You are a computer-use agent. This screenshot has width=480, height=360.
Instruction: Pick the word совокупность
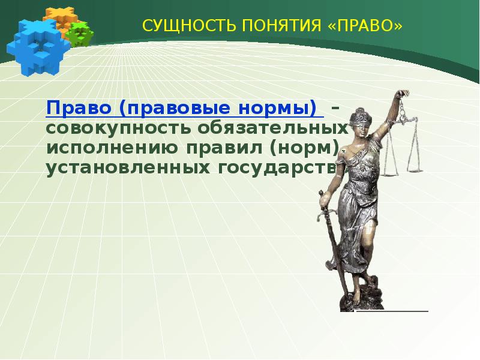tap(120, 128)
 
